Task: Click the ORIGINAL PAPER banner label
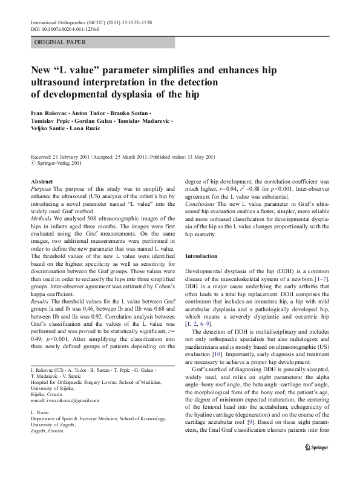(x=60, y=42)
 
